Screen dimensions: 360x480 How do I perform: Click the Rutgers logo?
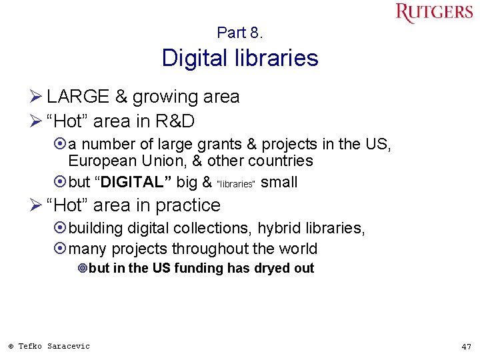click(x=434, y=13)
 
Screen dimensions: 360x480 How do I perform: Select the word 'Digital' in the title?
click(x=193, y=59)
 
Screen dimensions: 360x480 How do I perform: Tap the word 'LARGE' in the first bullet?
click(x=78, y=97)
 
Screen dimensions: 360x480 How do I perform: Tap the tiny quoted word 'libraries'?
click(x=237, y=184)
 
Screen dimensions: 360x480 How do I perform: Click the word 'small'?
click(x=279, y=182)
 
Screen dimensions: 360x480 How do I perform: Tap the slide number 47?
click(x=466, y=347)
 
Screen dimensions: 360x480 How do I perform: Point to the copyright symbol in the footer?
click(x=11, y=346)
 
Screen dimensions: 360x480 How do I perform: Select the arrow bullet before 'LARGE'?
click(x=37, y=97)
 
